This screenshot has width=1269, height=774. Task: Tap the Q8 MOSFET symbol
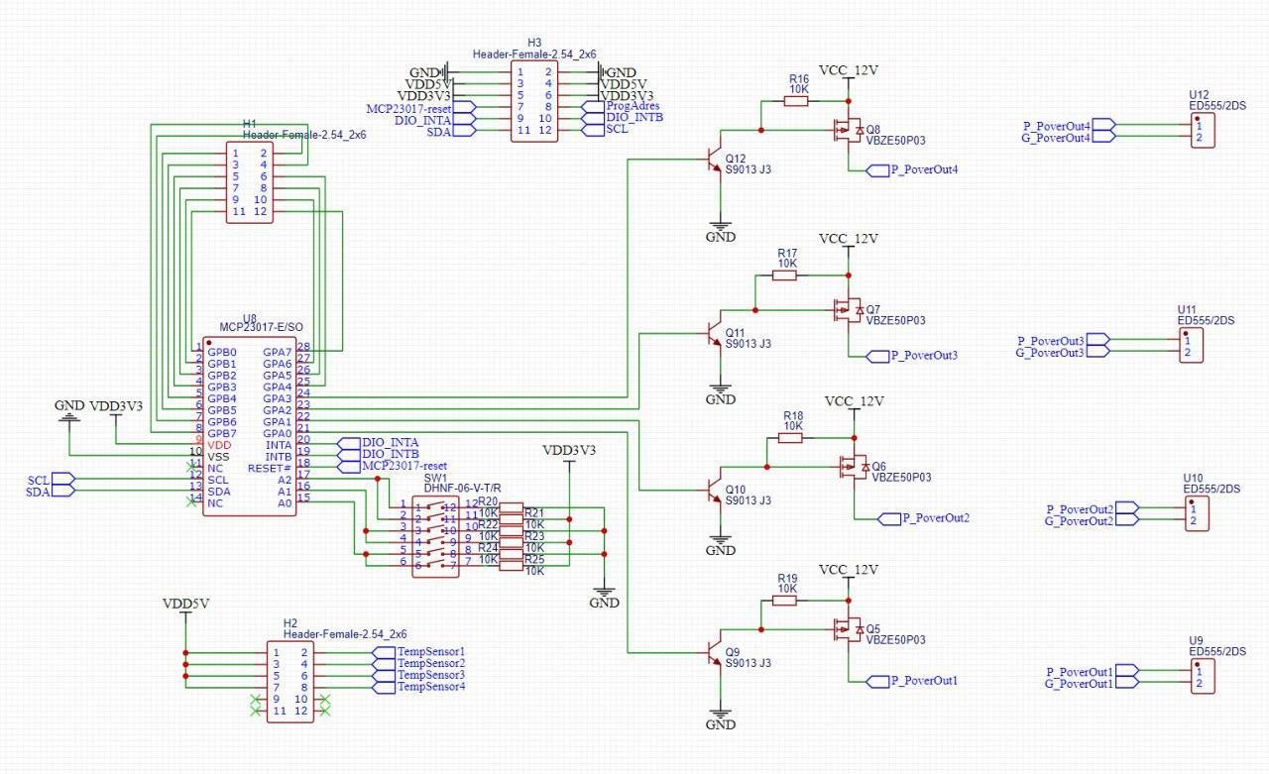click(x=849, y=130)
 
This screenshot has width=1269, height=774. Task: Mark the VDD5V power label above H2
click(x=185, y=604)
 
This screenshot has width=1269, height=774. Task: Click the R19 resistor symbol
click(x=785, y=601)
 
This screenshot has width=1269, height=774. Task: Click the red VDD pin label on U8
click(x=219, y=445)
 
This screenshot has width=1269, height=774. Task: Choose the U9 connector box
click(x=1202, y=678)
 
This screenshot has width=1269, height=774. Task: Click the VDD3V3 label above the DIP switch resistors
click(x=569, y=451)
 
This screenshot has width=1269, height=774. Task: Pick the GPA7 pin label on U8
click(x=277, y=352)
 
